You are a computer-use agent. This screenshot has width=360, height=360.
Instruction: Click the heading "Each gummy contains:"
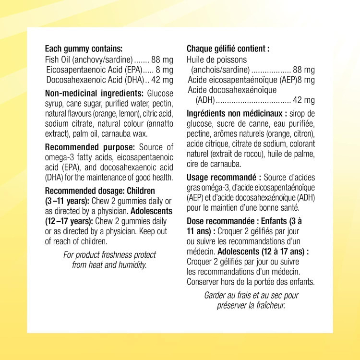click(84, 48)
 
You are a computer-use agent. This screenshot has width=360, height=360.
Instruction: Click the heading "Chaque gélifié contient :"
click(228, 48)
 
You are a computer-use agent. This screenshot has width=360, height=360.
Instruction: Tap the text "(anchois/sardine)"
click(220, 70)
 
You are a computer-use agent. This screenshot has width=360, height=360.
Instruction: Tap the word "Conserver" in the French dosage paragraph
click(203, 281)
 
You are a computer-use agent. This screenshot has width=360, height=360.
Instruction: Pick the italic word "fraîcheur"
click(268, 305)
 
